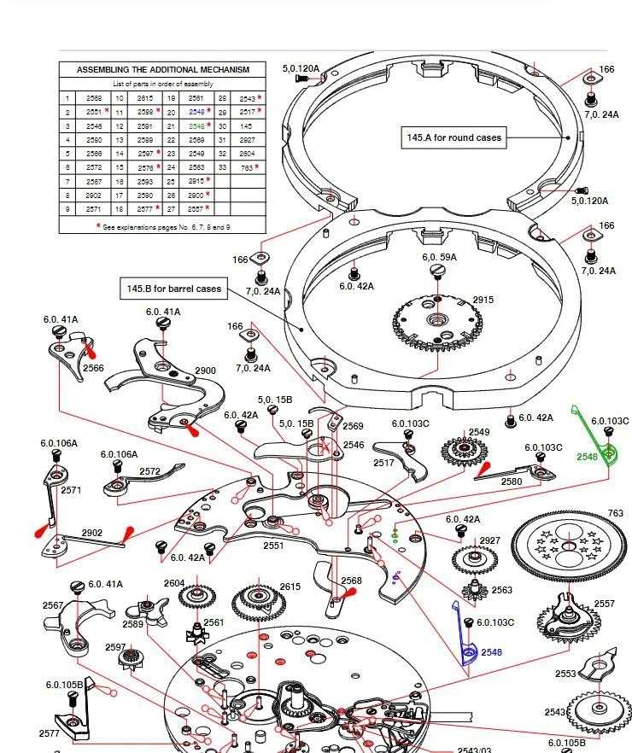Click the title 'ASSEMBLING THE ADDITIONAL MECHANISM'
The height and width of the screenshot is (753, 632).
click(163, 69)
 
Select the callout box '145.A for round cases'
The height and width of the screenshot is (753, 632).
click(454, 137)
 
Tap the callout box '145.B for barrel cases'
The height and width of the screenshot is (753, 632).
click(174, 289)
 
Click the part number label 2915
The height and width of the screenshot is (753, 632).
click(483, 300)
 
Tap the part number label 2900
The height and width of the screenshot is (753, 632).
click(206, 371)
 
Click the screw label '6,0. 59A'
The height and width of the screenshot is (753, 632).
click(439, 256)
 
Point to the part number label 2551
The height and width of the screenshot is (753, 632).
click(273, 545)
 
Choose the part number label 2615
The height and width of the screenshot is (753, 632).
click(290, 586)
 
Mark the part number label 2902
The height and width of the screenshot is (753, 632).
click(92, 533)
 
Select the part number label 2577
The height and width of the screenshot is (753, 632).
click(50, 733)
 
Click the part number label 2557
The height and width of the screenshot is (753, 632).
click(603, 604)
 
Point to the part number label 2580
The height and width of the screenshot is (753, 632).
click(511, 482)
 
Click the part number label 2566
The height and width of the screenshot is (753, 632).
click(93, 368)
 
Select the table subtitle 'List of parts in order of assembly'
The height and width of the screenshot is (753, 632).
click(163, 84)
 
